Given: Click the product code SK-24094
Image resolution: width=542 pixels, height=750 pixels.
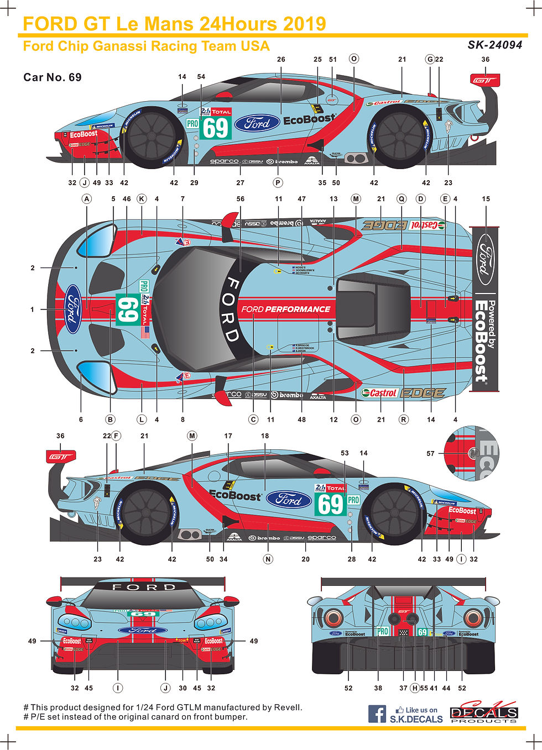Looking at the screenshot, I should point(494,45).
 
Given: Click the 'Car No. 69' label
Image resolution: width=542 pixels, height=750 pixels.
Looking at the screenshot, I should point(53,77).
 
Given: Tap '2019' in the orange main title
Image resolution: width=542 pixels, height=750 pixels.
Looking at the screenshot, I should point(304,24).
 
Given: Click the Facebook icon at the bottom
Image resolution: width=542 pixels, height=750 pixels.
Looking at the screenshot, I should point(377,714).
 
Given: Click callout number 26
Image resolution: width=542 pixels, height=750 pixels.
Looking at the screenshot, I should point(281,60).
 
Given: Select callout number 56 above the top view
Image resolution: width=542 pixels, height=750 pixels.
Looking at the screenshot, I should point(240,199).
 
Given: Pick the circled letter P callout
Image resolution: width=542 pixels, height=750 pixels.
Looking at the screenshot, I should point(278,183).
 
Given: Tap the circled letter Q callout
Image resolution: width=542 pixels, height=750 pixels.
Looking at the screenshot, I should point(402,199).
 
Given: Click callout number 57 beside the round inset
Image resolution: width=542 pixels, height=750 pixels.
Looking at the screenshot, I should point(430,454).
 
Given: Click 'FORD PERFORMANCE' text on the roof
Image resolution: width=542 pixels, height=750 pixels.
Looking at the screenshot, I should point(285,309).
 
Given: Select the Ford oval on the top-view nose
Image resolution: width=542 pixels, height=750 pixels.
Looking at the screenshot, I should point(72,310).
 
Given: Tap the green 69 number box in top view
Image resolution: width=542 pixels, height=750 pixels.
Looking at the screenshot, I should point(127,310).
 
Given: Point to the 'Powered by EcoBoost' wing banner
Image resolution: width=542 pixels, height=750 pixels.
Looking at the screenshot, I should point(485,310).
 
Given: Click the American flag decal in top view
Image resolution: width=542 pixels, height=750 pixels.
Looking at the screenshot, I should point(145,332).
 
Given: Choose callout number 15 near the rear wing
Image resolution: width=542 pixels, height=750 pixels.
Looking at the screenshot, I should point(486,199).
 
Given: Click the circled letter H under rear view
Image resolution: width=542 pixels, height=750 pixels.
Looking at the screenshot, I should point(415,688).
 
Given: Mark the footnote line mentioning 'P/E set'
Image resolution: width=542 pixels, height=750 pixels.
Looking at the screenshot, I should point(135,717).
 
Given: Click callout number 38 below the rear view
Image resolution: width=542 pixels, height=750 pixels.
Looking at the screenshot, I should point(378,688).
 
